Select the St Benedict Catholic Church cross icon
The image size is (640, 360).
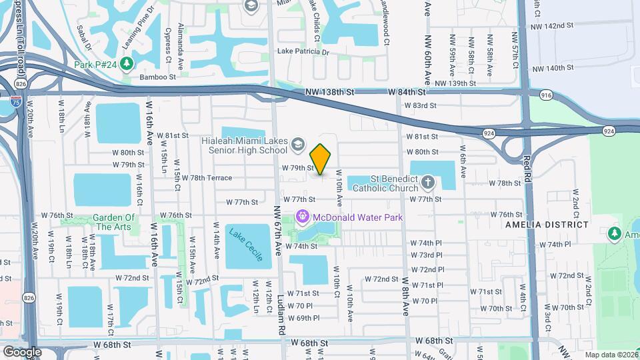coord(428,181)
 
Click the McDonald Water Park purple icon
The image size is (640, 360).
coord(302,217)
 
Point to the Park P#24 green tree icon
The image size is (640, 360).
coord(125,64)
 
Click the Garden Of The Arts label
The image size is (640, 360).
coord(115,222)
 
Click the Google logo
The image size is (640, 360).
coord(22,351)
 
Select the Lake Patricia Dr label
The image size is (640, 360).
coord(303,51)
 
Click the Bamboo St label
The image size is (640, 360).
coord(157,77)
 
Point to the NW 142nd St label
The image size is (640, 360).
coord(552,26)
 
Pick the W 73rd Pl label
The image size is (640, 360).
coord(427,255)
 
